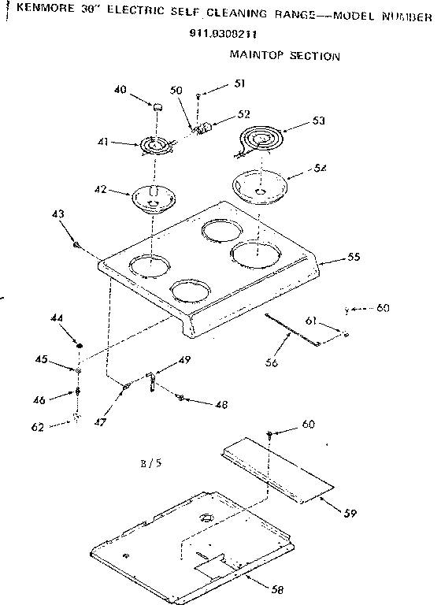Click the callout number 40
tap(120, 89)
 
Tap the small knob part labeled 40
tap(157, 106)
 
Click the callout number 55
tap(354, 258)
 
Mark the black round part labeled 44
tap(80, 345)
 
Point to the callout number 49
tap(183, 360)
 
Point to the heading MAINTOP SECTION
tap(284, 56)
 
